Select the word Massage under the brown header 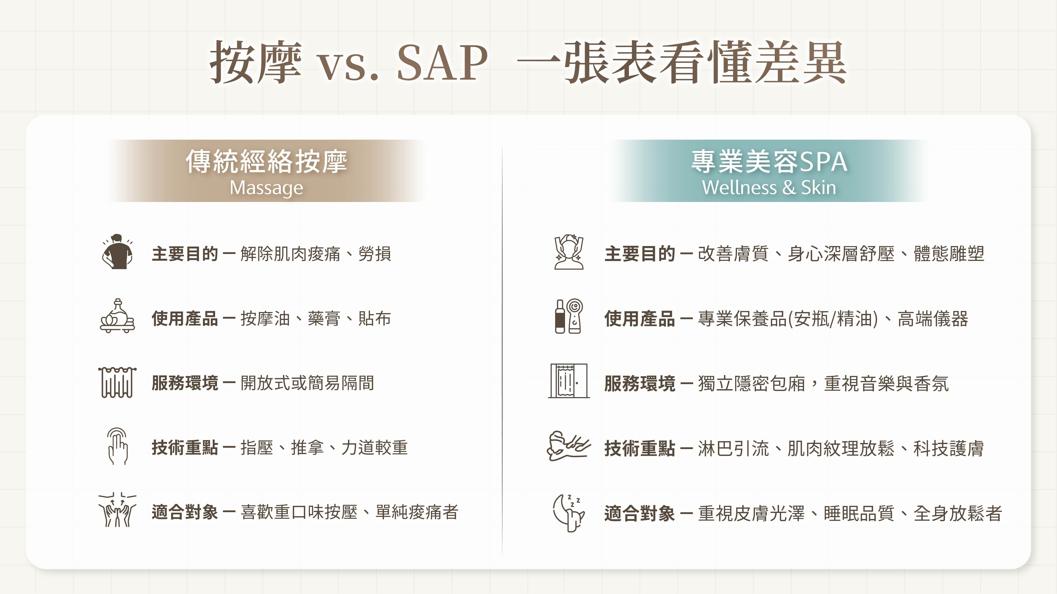(x=266, y=188)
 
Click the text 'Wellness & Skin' (x=768, y=188)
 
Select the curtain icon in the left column (x=117, y=382)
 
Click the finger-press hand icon (x=117, y=446)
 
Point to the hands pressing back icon (x=117, y=510)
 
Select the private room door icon (x=569, y=381)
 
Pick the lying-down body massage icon (x=569, y=446)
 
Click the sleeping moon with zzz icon (x=569, y=512)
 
